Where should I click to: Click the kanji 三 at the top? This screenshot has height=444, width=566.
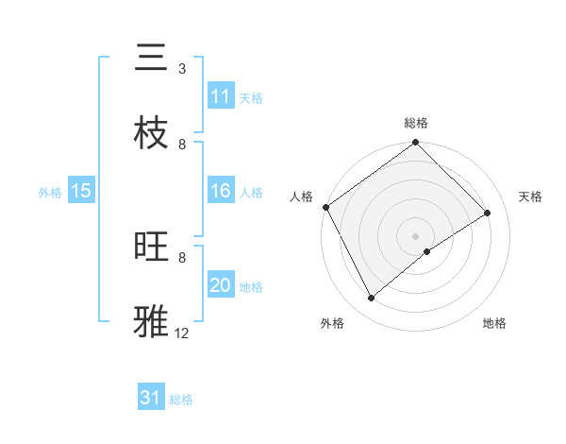[151, 58]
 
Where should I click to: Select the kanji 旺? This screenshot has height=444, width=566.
[151, 248]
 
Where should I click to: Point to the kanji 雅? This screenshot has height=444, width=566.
[151, 320]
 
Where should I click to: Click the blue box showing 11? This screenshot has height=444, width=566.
[221, 96]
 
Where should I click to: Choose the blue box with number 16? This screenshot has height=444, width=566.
[221, 192]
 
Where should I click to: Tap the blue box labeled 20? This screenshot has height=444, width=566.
[221, 286]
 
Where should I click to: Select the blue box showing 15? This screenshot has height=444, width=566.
[81, 192]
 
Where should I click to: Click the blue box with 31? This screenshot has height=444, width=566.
[151, 398]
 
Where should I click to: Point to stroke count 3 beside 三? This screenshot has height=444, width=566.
[182, 69]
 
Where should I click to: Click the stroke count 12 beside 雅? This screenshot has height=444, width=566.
[182, 333]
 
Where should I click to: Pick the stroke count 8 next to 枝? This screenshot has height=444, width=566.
[182, 144]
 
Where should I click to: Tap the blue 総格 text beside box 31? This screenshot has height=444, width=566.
[181, 400]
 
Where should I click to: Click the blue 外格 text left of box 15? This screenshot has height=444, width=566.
[50, 193]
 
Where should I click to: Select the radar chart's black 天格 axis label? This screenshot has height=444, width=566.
[530, 196]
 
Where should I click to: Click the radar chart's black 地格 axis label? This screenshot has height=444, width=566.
[494, 323]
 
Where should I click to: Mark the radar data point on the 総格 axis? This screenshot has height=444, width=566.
[415, 144]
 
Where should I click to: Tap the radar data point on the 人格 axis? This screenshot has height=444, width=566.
[325, 207]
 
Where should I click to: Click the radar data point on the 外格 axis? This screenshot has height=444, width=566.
[372, 299]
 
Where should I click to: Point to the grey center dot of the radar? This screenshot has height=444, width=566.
[415, 235]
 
